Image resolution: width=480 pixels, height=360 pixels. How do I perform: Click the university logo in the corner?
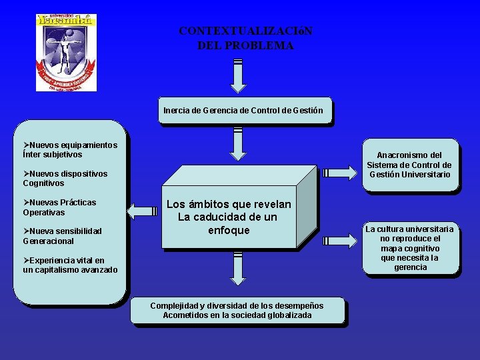tap(66, 52)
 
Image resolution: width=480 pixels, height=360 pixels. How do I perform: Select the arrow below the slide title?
tap(238, 75)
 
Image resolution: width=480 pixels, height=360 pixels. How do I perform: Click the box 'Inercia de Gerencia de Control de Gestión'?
tap(243, 111)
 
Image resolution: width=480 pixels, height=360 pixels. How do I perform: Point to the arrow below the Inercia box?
tap(238, 143)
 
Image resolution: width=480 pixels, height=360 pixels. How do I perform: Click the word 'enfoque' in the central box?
tap(229, 231)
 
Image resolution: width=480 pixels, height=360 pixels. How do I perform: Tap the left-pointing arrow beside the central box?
tap(141, 211)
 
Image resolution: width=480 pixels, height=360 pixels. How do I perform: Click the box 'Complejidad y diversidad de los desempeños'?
tap(237, 311)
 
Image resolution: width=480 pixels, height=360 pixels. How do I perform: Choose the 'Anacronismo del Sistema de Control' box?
tap(409, 165)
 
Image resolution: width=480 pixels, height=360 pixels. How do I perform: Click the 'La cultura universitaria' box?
tap(410, 248)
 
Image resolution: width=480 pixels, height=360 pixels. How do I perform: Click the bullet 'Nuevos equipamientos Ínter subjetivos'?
tap(70, 149)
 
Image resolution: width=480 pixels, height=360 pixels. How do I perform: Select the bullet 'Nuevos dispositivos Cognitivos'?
tap(65, 178)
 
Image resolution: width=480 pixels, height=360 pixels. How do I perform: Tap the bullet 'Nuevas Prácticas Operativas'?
tap(59, 207)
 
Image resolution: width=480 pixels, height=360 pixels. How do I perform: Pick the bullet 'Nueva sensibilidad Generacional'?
tap(62, 236)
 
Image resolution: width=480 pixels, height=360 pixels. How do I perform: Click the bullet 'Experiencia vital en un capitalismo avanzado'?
tap(70, 265)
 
